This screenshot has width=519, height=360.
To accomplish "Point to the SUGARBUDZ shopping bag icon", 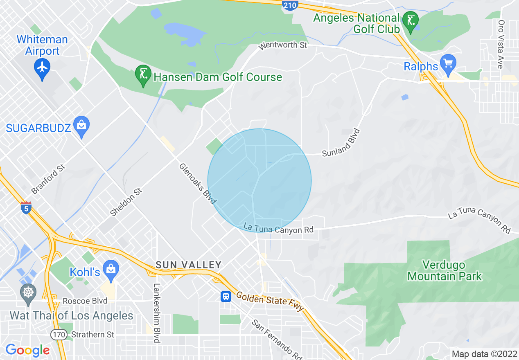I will [81, 125].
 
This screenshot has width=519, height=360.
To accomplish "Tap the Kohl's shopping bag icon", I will [111, 269].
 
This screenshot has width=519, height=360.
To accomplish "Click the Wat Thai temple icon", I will [28, 293].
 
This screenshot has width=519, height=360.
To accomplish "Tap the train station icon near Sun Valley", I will [226, 296].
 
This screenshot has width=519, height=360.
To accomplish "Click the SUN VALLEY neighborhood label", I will [188, 265].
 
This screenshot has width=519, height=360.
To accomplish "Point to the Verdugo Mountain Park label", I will [445, 270].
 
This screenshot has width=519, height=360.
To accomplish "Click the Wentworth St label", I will [283, 45].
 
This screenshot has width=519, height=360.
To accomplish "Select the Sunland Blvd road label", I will [341, 143].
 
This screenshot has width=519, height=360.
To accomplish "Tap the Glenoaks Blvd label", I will [197, 184].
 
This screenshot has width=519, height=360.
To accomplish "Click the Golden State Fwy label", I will [270, 301].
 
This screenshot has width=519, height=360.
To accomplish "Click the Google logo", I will [27, 350].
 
